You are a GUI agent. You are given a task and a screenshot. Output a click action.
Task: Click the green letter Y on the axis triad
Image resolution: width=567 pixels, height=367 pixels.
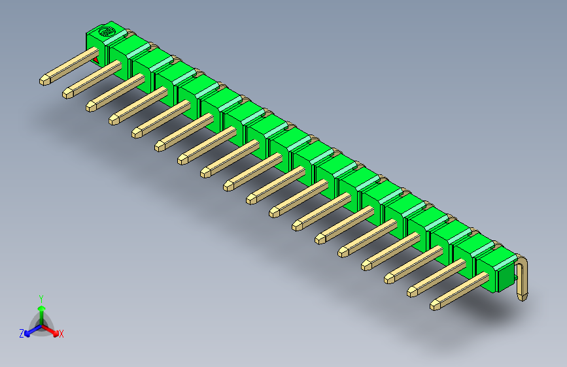41,298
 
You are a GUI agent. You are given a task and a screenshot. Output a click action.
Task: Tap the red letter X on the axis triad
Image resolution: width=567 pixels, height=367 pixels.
61,334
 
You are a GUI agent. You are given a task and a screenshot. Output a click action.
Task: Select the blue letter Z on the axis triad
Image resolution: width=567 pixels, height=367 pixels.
22,333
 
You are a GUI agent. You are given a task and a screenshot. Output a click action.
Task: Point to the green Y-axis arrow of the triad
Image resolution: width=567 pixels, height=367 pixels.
41,310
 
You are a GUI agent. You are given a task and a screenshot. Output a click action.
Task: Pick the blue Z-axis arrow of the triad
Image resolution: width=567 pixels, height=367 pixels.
30,330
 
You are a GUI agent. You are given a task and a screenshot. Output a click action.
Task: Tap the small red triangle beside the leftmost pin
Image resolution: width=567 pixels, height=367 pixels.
97,60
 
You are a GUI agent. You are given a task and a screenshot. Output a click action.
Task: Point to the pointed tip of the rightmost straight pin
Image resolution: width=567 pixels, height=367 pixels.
436,304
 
